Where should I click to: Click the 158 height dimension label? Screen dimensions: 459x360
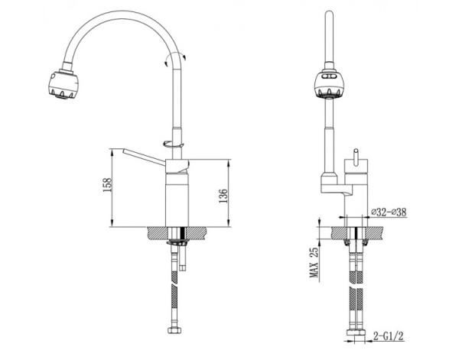[x=107, y=184]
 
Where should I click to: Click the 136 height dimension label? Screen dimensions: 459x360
[x=223, y=196]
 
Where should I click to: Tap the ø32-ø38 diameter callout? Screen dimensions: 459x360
[x=389, y=212]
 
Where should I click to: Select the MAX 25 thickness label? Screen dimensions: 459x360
[x=314, y=262]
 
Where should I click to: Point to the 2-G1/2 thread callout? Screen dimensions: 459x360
[x=388, y=336]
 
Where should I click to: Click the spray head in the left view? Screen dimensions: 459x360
[x=63, y=85]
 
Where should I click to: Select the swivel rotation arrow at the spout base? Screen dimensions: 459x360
[x=174, y=144]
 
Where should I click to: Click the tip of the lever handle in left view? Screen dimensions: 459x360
[x=124, y=151]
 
